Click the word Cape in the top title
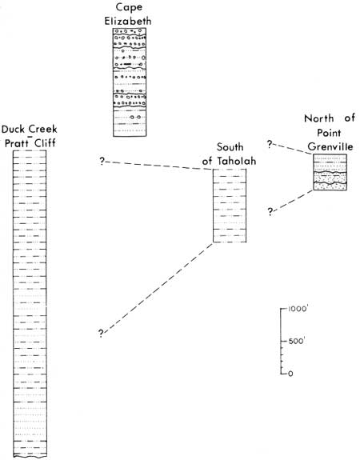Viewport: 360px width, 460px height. [x=129, y=8]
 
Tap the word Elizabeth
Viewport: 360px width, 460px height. [x=128, y=21]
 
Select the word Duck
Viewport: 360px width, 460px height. [x=14, y=129]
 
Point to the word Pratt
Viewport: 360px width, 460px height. [x=18, y=143]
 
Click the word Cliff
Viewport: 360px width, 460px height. [x=45, y=143]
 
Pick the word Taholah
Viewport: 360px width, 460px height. [x=237, y=161]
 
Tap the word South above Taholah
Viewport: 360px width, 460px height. [x=230, y=146]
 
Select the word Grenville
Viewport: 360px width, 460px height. [x=330, y=146]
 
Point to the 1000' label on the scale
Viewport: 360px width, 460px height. [x=298, y=309]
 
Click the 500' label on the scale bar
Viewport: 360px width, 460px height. [x=297, y=341]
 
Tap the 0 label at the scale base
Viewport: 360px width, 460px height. [x=290, y=374]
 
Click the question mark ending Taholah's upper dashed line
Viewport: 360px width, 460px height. [x=102, y=161]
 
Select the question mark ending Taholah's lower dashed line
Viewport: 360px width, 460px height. [x=101, y=333]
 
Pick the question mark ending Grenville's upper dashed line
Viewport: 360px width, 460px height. [x=270, y=144]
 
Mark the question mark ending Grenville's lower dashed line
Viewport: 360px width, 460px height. [x=270, y=211]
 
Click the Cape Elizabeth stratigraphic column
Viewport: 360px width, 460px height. [x=130, y=82]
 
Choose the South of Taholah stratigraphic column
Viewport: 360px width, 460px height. [x=230, y=206]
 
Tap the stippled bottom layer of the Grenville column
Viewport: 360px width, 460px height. [x=330, y=186]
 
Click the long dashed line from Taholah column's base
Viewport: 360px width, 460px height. [x=158, y=288]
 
